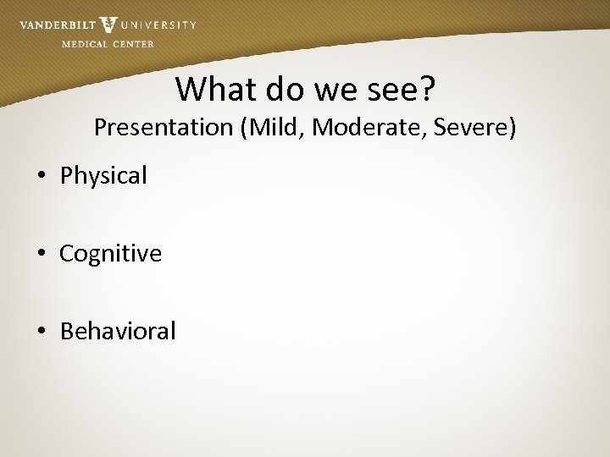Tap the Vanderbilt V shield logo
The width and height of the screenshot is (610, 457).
(x=108, y=25)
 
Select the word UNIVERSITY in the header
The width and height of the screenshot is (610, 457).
(x=159, y=25)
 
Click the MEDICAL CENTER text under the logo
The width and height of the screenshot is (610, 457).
(x=108, y=44)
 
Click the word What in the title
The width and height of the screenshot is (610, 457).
(x=209, y=87)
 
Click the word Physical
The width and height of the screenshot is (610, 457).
(x=103, y=176)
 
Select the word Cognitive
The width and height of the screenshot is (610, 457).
(x=110, y=254)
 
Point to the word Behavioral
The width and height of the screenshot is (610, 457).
(x=118, y=331)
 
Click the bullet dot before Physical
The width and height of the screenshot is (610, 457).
(x=42, y=176)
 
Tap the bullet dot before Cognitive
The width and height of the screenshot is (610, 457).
(x=42, y=254)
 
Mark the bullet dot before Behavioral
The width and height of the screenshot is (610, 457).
(x=42, y=331)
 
